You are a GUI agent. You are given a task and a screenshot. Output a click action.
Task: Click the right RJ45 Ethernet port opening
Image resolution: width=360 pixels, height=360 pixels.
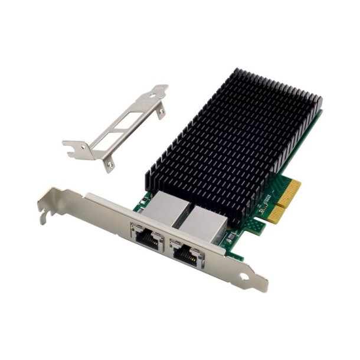click(x=187, y=253)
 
